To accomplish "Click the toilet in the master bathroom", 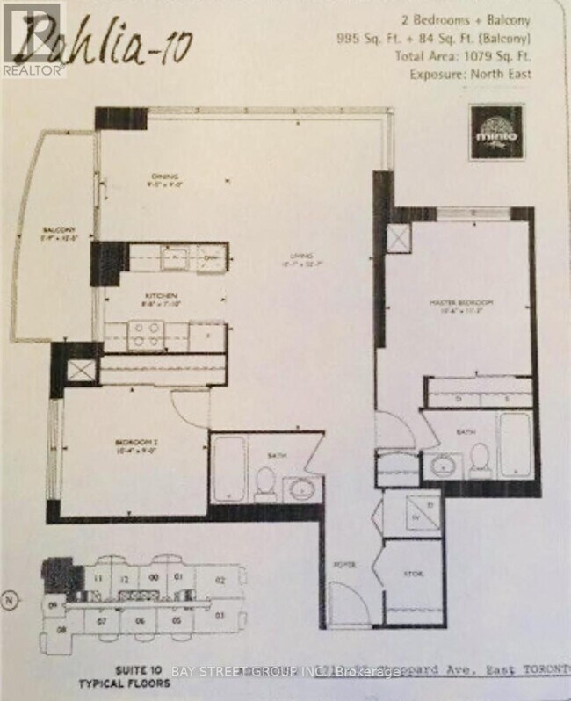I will pos(480,458).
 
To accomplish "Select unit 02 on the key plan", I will pos(220,580).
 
